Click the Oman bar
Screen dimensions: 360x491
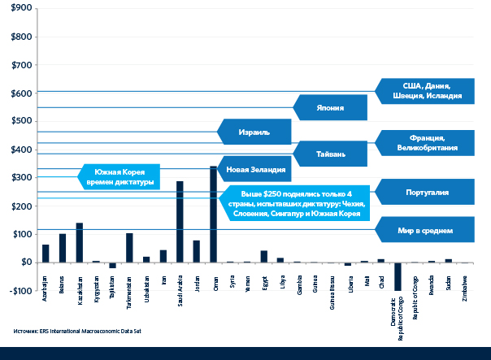pyautogui.click(x=213, y=215)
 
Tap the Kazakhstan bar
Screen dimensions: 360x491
pyautogui.click(x=80, y=242)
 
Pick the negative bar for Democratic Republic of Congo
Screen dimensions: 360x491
pyautogui.click(x=398, y=276)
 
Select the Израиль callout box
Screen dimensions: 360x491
pyautogui.click(x=254, y=131)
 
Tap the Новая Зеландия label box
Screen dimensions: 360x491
pyautogui.click(x=255, y=170)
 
